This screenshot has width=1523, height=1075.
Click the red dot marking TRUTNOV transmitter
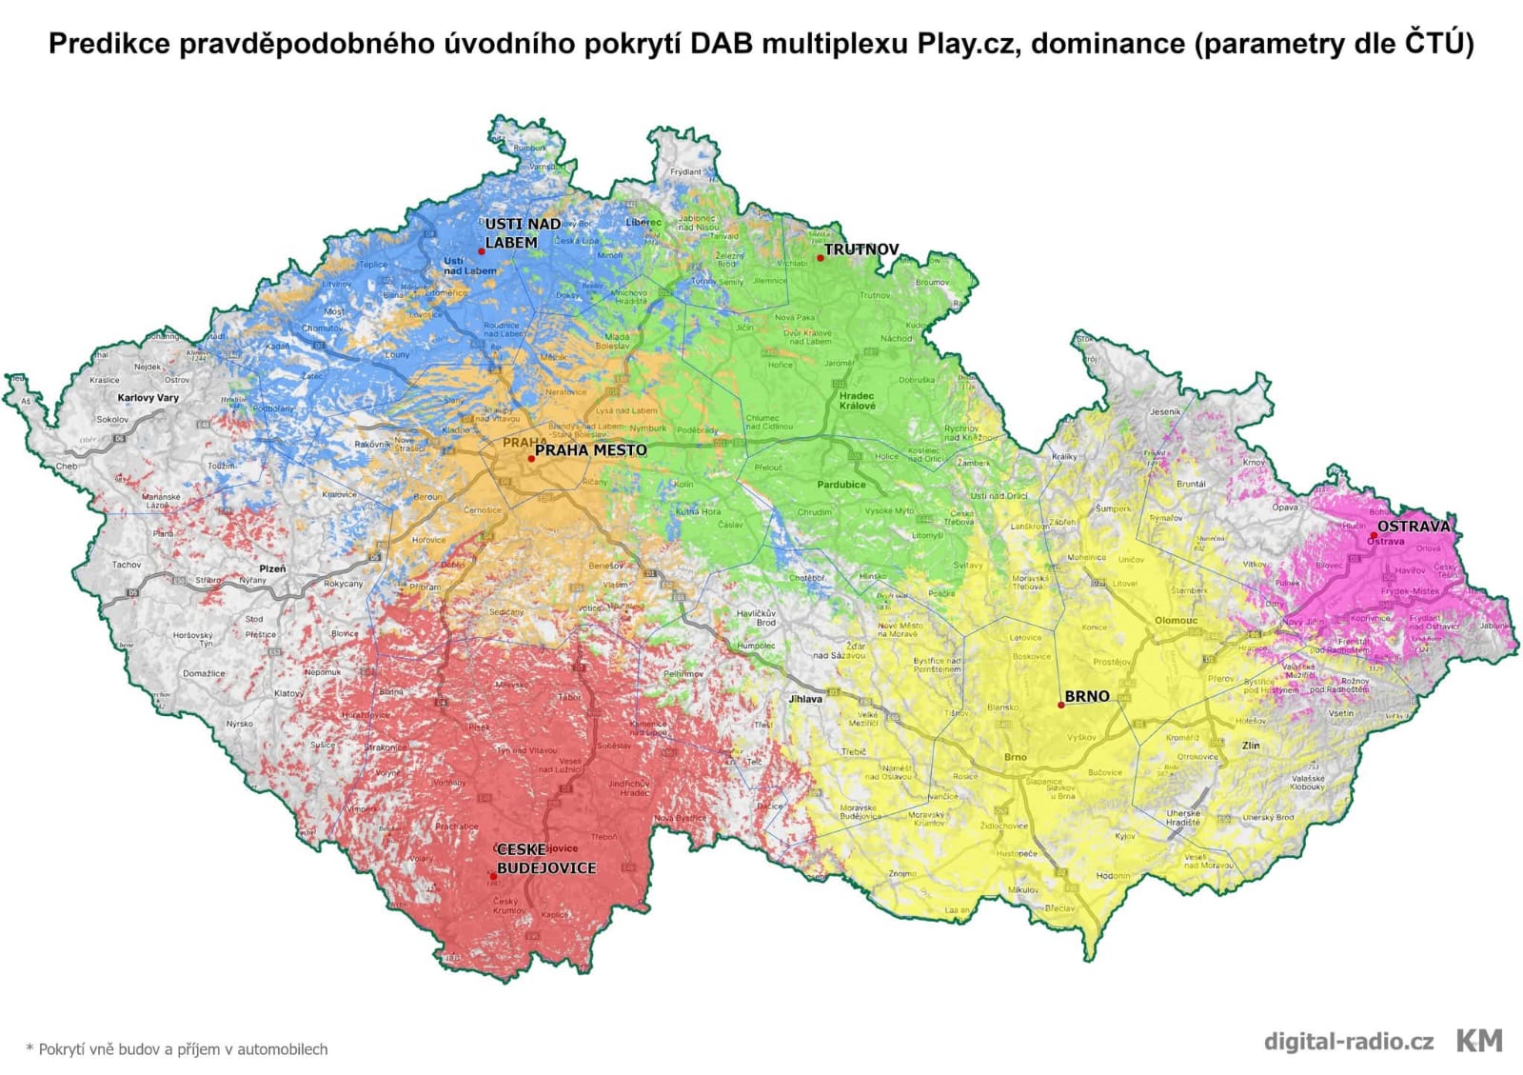(x=820, y=258)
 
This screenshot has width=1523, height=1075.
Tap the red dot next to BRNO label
(x=1061, y=706)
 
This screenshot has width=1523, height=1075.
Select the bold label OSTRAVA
(x=1414, y=526)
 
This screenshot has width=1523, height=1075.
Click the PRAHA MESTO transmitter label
(x=590, y=450)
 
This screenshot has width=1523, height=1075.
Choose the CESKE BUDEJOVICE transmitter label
(x=545, y=859)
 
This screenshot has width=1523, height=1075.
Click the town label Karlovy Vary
(x=148, y=398)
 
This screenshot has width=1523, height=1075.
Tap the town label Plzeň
(x=272, y=568)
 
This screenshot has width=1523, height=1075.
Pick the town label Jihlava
(x=805, y=699)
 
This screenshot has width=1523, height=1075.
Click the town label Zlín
(x=1250, y=746)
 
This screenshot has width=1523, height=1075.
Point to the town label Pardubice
(x=841, y=485)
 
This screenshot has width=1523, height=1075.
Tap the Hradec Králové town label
(x=857, y=401)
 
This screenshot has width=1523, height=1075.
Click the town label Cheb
(x=67, y=467)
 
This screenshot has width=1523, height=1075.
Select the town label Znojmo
(x=901, y=873)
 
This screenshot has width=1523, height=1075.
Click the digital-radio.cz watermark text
(x=1348, y=1041)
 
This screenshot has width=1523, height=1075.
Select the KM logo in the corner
(x=1479, y=1041)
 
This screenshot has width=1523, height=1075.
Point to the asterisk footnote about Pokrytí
(x=177, y=1049)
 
